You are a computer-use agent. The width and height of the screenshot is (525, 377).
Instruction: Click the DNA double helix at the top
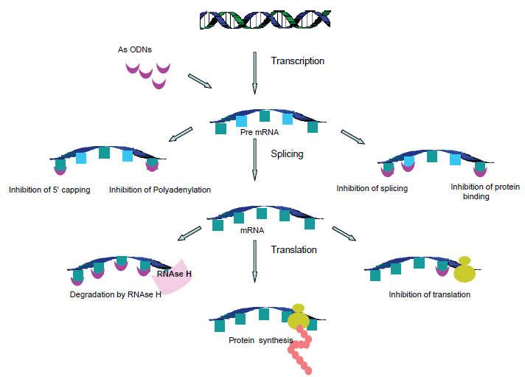265,19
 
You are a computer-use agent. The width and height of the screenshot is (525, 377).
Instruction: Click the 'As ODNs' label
135,49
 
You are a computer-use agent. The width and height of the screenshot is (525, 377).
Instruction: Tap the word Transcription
298,61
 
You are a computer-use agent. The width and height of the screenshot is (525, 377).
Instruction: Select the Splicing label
287,153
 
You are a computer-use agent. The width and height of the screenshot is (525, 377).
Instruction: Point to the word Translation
293,249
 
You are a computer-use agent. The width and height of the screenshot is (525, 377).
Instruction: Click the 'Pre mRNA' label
260,132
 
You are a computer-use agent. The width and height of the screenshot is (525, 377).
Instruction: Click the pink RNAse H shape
173,277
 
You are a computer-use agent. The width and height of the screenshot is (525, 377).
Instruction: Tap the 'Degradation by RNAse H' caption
116,294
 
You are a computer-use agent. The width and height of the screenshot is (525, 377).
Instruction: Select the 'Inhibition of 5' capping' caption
49,190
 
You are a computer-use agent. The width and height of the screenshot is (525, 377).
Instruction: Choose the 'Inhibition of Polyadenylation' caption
160,190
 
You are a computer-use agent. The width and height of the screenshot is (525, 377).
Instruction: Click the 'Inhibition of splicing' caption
372,189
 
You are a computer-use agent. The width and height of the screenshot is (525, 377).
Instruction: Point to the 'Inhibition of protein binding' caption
485,191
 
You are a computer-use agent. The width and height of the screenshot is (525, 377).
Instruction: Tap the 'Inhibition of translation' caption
430,294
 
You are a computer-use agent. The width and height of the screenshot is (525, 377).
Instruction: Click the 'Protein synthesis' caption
261,340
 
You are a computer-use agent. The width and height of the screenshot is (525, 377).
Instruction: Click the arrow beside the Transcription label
254,73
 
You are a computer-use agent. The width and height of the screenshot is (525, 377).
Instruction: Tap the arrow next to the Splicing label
254,159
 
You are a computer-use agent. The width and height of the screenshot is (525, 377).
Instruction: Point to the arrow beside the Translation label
254,261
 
